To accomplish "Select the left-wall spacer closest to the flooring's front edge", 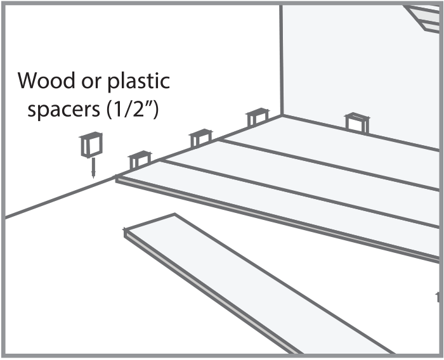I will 140,160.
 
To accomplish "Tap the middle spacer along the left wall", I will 200,138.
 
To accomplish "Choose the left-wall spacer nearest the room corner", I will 257,117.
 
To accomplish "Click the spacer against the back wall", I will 357,122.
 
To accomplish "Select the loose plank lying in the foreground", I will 254,285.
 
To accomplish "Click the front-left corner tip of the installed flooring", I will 118,179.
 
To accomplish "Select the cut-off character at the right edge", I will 438,296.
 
